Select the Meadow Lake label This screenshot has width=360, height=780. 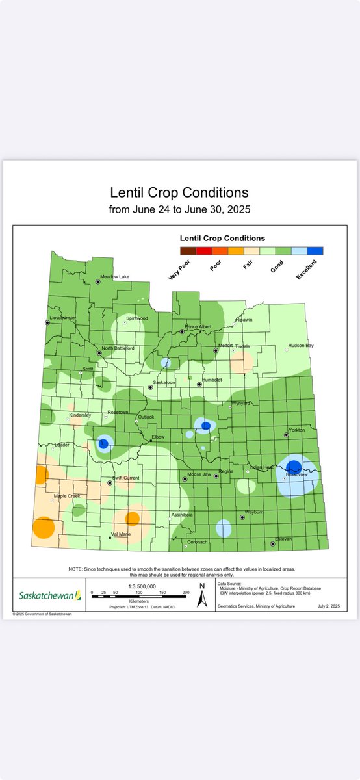(x=114, y=277)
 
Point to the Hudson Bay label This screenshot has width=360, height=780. (x=301, y=346)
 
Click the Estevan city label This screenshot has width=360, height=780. (x=283, y=538)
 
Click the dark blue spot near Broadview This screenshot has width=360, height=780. (x=294, y=466)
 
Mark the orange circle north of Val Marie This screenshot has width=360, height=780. (x=132, y=518)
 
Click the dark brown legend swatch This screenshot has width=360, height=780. (x=187, y=251)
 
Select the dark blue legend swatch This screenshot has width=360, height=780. (x=315, y=251)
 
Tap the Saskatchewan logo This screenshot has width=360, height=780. (x=49, y=595)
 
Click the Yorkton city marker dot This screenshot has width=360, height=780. (x=286, y=435)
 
